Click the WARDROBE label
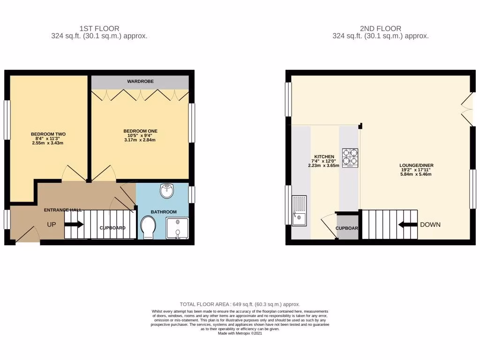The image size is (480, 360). pos(140,82)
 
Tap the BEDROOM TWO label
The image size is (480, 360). pos(48,134)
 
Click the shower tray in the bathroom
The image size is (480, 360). pos(177,229)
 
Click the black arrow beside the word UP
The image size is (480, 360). pos(74,225)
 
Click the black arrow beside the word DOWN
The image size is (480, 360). pos(407,225)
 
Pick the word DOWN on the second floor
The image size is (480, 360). pos(430,225)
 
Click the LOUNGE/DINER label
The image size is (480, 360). pos(415,165)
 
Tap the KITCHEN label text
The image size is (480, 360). pos(324,157)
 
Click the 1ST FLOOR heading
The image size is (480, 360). pos(99,29)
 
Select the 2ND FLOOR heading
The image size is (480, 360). pos(380,29)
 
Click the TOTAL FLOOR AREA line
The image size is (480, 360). pos(240,304)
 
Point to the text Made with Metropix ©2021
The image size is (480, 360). pos(240,333)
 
